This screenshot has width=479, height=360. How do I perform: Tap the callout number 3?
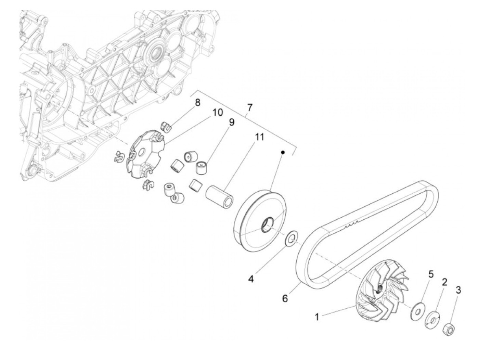pos(458,291)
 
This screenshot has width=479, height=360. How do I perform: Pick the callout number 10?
pos(218,112)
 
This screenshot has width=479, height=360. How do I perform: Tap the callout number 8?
pos(198,103)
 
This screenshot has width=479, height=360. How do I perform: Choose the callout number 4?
pos(251,279)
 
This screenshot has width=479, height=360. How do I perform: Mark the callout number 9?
pos(232,123)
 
